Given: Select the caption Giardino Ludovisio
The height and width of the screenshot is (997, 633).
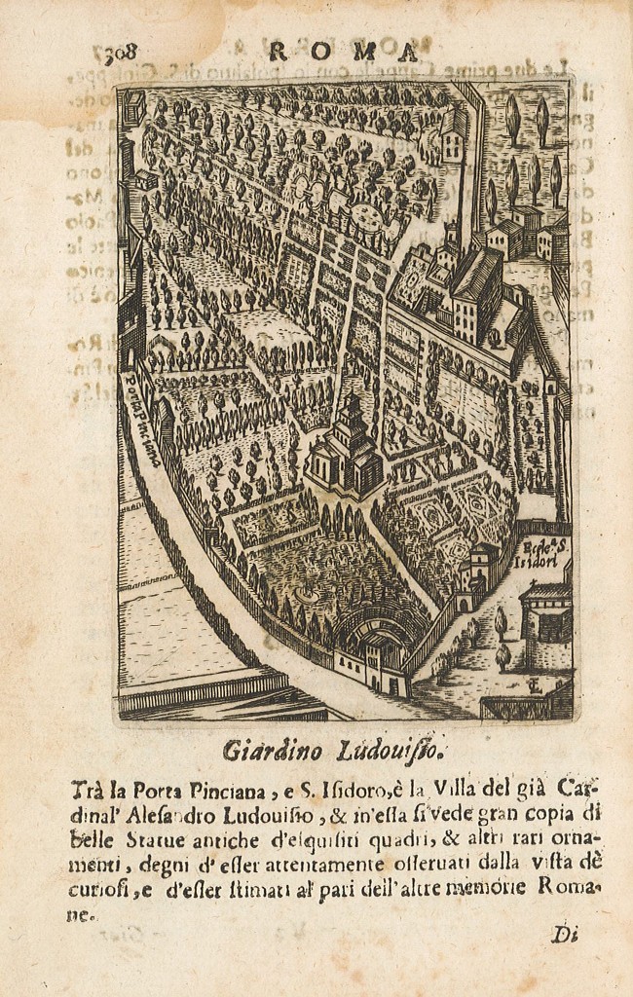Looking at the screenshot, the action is (x=335, y=750).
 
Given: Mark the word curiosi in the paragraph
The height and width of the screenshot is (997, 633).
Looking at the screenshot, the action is (x=102, y=888).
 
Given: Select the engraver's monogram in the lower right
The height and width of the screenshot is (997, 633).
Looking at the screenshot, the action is (x=533, y=687).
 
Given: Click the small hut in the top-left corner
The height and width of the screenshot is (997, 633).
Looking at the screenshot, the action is (x=134, y=104).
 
